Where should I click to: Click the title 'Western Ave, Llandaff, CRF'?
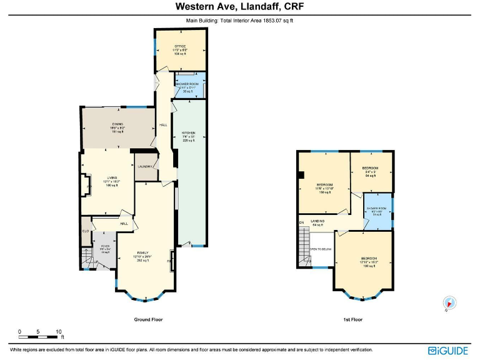240,7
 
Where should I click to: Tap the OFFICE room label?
181,46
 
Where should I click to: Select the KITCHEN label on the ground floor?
189,133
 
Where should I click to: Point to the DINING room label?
118,124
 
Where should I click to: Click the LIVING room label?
112,177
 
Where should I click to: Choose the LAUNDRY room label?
146,167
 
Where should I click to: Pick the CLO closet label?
86,230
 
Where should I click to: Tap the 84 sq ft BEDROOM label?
371,168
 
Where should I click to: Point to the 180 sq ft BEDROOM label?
368,258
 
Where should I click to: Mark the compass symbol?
448,303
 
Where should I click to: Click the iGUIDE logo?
449,351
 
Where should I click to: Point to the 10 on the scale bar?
58,331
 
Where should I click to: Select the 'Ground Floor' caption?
149,319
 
